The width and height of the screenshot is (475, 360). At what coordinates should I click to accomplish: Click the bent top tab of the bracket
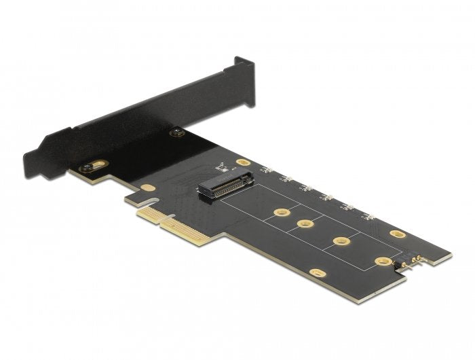(x=244, y=62)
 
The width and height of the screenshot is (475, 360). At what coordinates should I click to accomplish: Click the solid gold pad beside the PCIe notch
(x=149, y=187)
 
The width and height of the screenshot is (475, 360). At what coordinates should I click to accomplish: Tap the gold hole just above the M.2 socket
(x=242, y=164)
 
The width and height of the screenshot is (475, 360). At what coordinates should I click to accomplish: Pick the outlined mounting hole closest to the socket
(x=277, y=213)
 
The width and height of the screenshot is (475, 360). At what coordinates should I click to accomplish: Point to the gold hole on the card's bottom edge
(x=317, y=273)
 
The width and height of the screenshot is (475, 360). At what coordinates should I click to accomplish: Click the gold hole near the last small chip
(x=398, y=234)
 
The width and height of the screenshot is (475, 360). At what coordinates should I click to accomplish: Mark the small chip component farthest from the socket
(x=368, y=217)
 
